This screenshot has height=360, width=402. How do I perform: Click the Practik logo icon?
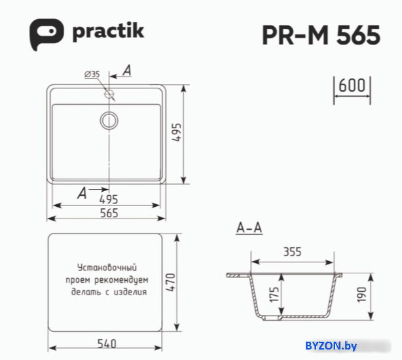click(46, 34)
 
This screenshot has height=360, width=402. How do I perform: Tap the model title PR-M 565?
click(321, 35)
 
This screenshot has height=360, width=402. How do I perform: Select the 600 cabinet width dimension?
click(352, 85)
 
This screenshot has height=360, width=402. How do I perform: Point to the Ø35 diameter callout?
click(92, 75)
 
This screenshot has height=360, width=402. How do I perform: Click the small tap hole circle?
click(109, 94)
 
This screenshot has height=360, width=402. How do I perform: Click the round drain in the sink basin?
click(109, 120)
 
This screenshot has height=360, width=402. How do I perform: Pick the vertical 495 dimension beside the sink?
click(177, 132)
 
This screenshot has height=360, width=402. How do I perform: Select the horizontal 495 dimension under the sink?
click(109, 200)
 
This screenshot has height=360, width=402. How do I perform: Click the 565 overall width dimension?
click(109, 213)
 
